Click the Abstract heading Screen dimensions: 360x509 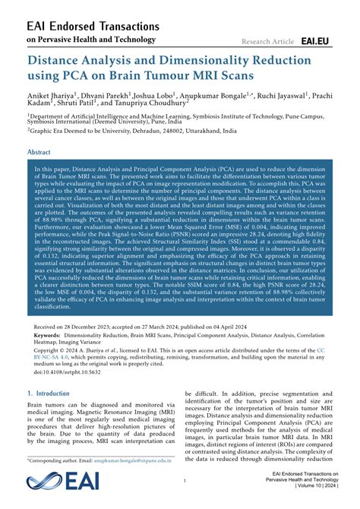coord(39,152)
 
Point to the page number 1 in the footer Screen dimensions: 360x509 coord(185,481)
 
